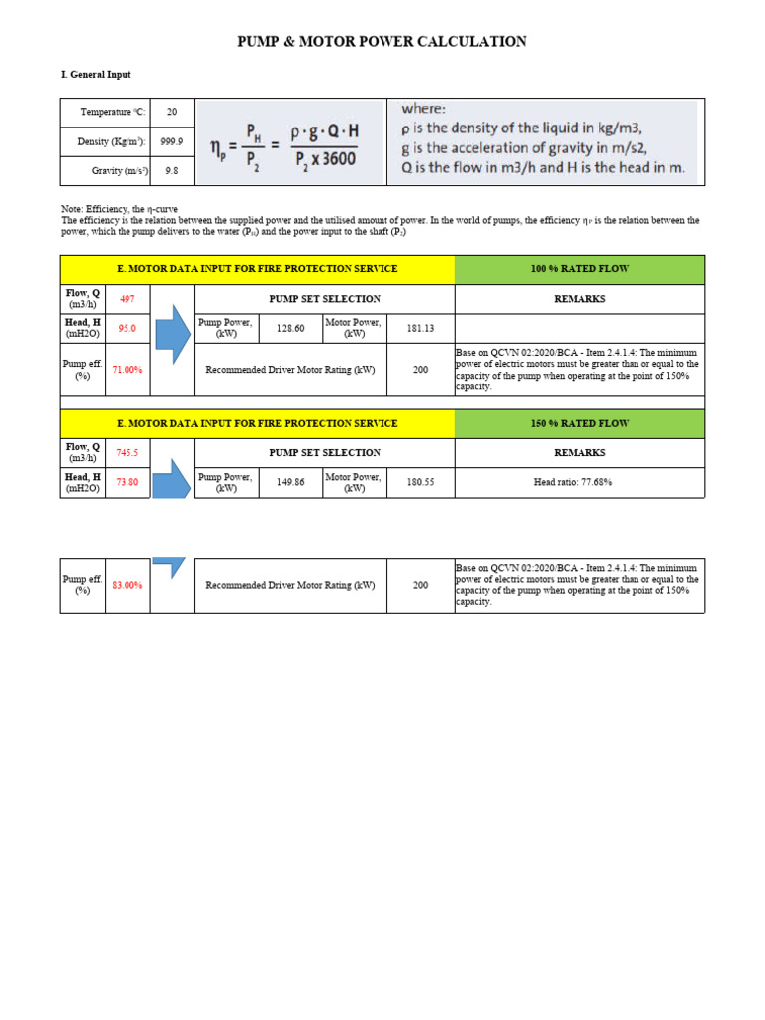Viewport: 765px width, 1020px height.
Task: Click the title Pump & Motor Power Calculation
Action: pyautogui.click(x=382, y=42)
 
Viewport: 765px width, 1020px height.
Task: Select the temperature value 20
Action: pyautogui.click(x=172, y=113)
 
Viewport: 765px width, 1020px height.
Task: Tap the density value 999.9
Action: pyautogui.click(x=172, y=141)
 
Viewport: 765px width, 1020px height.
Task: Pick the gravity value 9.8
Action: pyautogui.click(x=172, y=171)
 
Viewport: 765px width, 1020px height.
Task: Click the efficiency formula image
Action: pyautogui.click(x=290, y=141)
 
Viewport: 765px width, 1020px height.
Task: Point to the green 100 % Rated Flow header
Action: pyautogui.click(x=580, y=269)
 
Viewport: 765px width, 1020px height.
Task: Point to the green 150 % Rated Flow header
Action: pyautogui.click(x=580, y=423)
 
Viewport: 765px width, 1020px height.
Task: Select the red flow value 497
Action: pyautogui.click(x=127, y=299)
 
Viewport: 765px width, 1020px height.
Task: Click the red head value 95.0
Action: pyautogui.click(x=127, y=328)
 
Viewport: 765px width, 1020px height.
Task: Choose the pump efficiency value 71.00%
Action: pyautogui.click(x=127, y=370)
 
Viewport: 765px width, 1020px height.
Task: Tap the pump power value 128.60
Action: pyautogui.click(x=290, y=328)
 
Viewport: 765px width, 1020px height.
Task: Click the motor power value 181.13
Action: pyautogui.click(x=420, y=328)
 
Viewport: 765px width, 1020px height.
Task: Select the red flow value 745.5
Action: pyautogui.click(x=127, y=453)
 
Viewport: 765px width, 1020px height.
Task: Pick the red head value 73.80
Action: pyautogui.click(x=127, y=482)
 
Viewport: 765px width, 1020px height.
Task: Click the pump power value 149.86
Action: pyautogui.click(x=290, y=482)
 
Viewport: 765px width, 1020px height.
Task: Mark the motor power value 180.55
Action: pyautogui.click(x=420, y=482)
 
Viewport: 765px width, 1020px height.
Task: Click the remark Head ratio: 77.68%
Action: pyautogui.click(x=580, y=482)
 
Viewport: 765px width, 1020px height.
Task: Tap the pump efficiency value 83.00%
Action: pyautogui.click(x=127, y=585)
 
